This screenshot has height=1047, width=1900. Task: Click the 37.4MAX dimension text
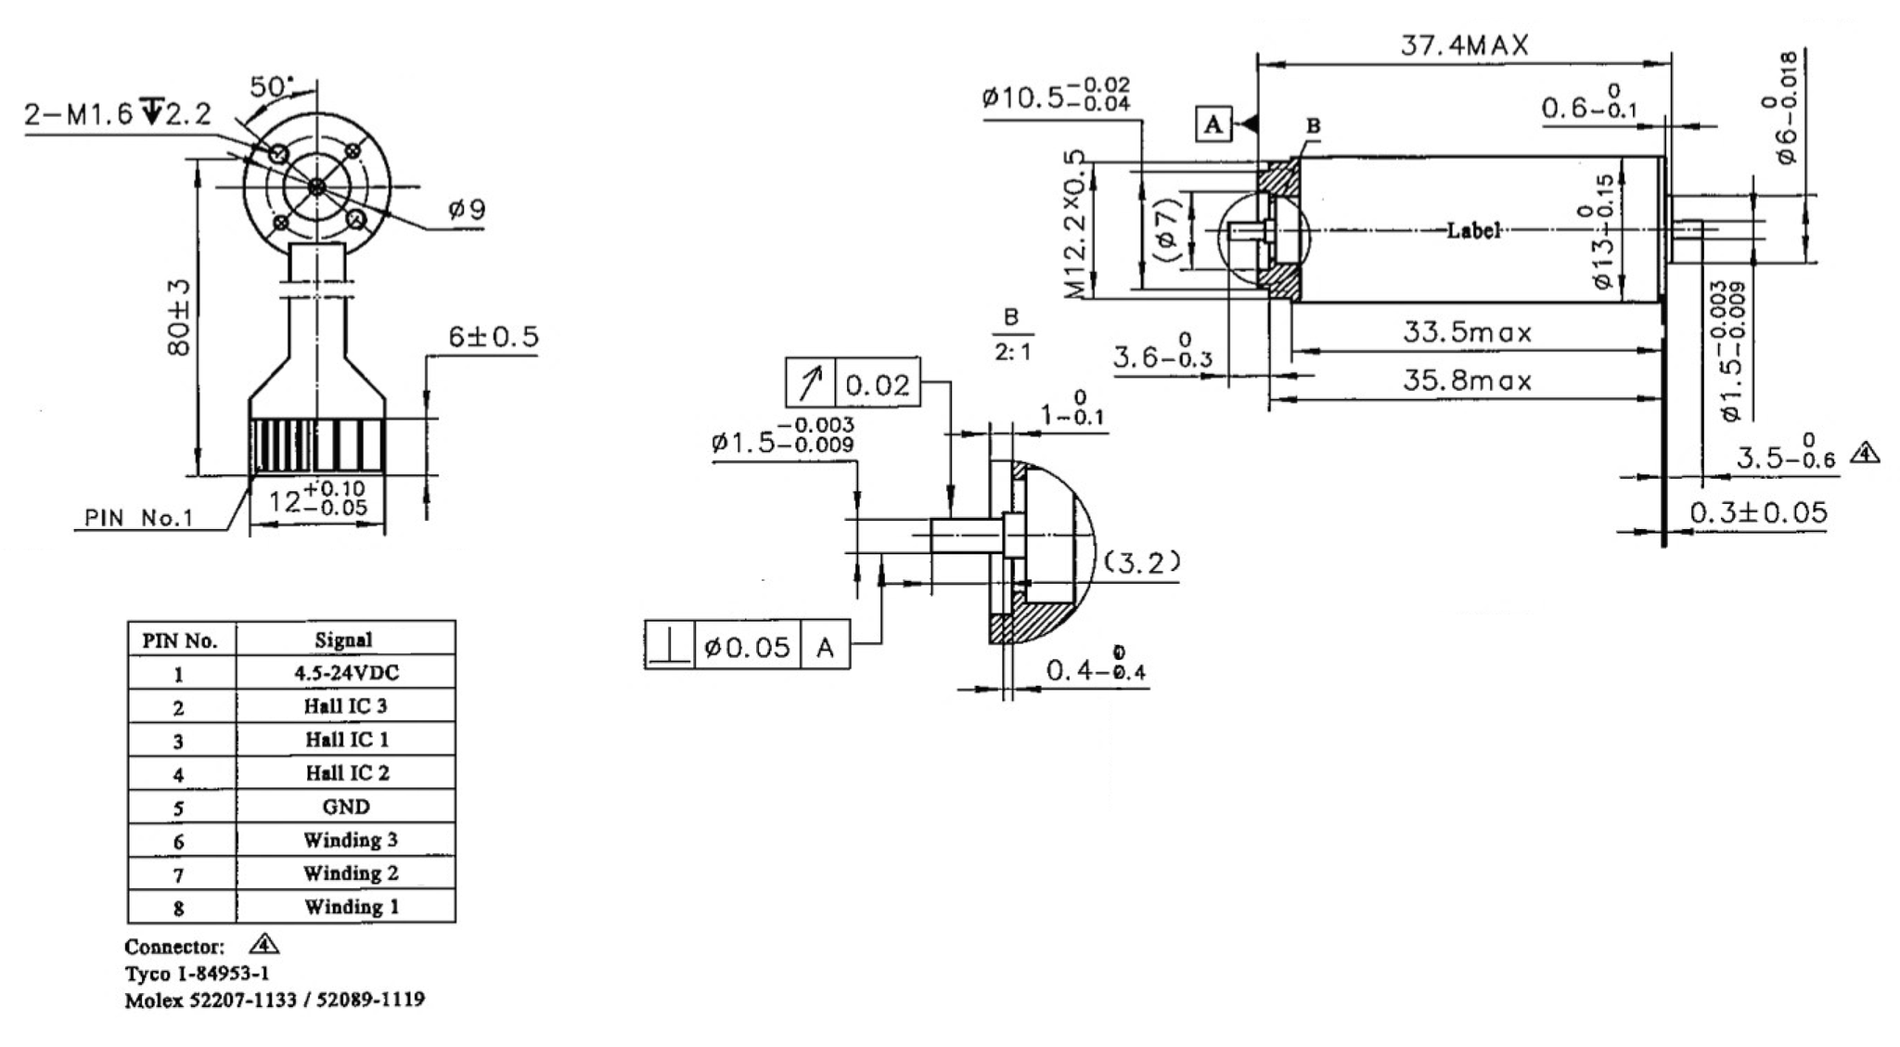coord(1464,45)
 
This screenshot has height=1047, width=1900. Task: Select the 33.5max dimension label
coord(1467,332)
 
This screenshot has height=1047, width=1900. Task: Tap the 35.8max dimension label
coord(1467,381)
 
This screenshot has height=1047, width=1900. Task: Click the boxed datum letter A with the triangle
coord(1213,123)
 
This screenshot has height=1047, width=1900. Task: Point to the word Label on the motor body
coord(1473,230)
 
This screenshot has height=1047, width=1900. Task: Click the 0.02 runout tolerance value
coord(878,383)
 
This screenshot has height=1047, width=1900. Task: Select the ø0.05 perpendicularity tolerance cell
coord(748,646)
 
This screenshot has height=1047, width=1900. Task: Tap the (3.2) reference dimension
coord(1142,562)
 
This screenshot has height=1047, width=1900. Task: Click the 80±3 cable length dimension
coord(180,317)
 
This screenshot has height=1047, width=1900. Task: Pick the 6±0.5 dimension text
coord(493,337)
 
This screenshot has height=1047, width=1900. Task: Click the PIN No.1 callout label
coord(139,518)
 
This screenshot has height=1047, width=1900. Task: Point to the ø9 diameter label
coord(467,209)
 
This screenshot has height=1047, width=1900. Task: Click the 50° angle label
coord(271,86)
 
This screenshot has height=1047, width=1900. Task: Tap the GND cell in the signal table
coord(346,807)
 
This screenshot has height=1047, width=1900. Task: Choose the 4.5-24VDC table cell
coord(346,673)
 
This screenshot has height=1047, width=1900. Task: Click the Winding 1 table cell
coord(351,907)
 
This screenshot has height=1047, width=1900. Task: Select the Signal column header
coord(344,640)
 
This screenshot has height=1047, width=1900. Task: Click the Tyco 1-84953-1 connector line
coord(198,974)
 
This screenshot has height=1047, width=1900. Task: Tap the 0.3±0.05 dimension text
coord(1757,512)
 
